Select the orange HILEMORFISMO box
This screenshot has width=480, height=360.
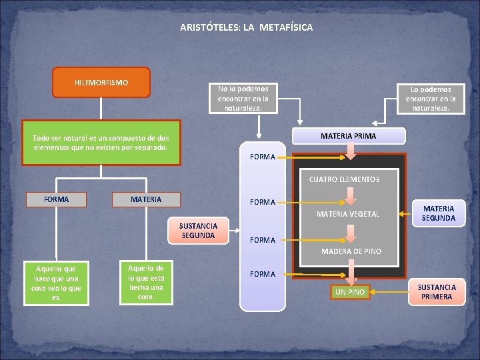[x=101, y=83]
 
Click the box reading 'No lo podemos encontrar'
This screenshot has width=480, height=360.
[x=243, y=97]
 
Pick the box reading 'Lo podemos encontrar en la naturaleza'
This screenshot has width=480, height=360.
[x=431, y=98]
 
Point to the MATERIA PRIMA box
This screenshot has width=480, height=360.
[x=348, y=135]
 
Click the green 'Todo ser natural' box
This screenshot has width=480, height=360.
[x=101, y=142]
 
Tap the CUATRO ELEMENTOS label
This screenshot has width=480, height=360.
[x=344, y=179]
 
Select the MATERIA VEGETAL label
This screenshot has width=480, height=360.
[x=347, y=214]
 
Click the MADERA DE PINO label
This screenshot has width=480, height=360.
[x=351, y=251]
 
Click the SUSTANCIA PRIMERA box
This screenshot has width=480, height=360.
[x=437, y=292]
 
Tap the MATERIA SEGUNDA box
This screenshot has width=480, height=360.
[x=438, y=213]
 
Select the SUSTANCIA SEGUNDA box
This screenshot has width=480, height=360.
[x=198, y=231]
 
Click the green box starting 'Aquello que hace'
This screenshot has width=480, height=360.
[x=57, y=283]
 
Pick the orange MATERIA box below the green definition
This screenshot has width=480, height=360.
[x=146, y=199]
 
